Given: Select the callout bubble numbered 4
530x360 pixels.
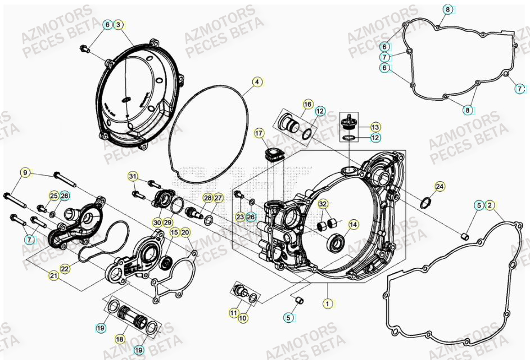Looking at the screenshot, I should pos(257,82).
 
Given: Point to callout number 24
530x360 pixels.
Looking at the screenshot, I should pos(440,186).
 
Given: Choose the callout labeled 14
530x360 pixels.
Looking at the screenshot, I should pos(353,225).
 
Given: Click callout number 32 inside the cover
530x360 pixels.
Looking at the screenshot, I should pos(323,204).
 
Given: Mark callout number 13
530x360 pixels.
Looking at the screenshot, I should pos(375,127).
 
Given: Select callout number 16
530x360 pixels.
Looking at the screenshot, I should pos(307,105).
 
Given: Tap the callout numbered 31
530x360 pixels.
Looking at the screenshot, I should pos(133,177).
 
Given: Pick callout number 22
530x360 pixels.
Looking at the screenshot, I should pos(65,269).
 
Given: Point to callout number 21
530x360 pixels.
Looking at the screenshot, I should pos(53,275).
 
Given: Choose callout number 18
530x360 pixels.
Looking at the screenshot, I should pos(120,339).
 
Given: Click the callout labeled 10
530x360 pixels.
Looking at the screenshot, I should pos(243,318).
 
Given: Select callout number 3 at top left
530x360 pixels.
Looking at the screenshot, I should pos(119,25).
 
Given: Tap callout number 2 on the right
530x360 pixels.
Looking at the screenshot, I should pos(490,205).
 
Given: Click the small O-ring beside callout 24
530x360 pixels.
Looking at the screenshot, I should pos(428,201).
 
